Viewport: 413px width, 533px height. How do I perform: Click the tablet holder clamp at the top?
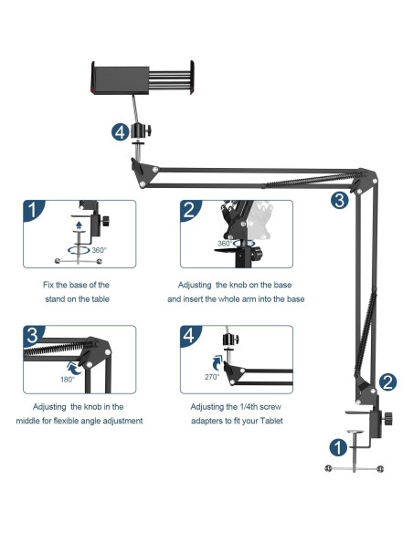click(x=143, y=78)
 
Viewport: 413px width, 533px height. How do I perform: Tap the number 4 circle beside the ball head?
click(x=120, y=132)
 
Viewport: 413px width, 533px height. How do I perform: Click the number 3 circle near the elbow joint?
click(x=340, y=200)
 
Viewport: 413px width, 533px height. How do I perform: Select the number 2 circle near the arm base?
click(x=387, y=382)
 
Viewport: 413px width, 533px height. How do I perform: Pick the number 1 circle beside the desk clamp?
click(x=338, y=447)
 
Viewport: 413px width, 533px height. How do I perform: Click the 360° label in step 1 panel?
click(x=99, y=250)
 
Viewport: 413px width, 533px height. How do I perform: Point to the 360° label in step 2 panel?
click(x=225, y=244)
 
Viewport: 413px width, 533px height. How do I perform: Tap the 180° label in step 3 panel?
click(x=68, y=380)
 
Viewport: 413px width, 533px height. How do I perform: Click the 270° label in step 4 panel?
click(x=212, y=377)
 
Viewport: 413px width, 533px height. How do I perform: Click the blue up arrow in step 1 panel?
click(x=79, y=225)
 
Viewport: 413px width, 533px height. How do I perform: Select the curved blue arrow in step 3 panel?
click(x=74, y=369)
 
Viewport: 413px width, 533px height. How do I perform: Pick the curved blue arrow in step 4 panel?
click(x=217, y=363)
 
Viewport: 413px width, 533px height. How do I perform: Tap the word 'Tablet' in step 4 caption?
click(x=271, y=421)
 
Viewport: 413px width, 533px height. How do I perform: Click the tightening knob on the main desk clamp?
click(x=387, y=418)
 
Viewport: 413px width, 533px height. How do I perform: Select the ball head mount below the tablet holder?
click(x=141, y=131)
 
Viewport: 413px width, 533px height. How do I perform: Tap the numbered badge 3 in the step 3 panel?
click(x=33, y=335)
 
